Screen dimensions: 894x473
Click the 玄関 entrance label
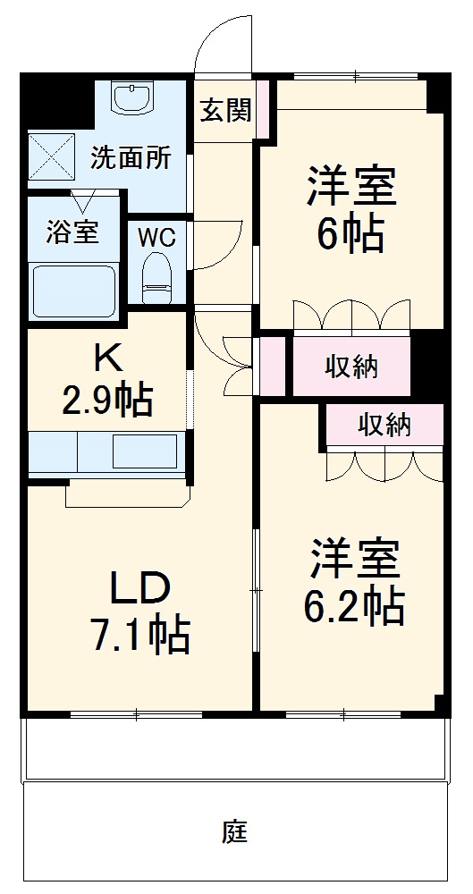click(225, 111)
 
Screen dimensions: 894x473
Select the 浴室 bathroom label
click(72, 232)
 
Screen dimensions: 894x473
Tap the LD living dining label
click(139, 589)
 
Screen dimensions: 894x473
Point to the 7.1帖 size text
click(139, 637)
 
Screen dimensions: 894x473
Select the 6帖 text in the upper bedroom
click(351, 234)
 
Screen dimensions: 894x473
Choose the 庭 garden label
click(234, 833)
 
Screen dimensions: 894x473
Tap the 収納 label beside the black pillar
click(351, 366)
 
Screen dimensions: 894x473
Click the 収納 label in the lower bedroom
click(385, 426)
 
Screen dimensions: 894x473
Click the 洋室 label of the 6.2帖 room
click(355, 560)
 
